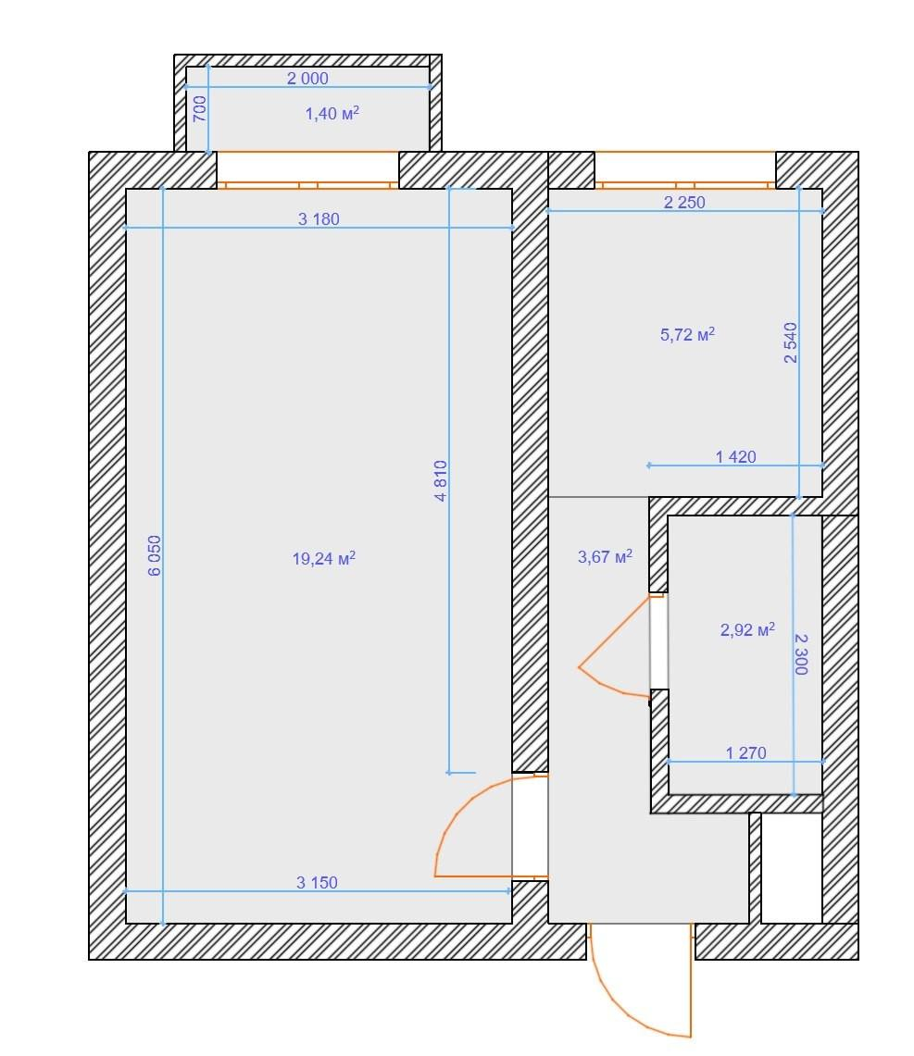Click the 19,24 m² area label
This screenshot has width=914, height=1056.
click(323, 558)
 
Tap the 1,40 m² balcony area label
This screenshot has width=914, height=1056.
click(332, 113)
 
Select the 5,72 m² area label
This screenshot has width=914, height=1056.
click(687, 334)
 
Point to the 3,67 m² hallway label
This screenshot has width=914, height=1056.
click(606, 556)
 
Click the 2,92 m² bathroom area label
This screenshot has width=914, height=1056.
click(747, 629)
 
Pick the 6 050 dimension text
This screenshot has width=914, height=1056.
click(155, 555)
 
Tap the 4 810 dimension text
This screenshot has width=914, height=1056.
click(441, 481)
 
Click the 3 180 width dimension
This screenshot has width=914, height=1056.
click(319, 218)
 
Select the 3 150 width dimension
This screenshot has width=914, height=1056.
click(317, 882)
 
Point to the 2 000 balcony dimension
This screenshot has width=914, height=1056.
click(307, 78)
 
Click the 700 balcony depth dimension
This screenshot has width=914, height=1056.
click(199, 108)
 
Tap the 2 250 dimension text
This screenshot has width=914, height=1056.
click(684, 202)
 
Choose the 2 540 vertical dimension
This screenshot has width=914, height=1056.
click(791, 342)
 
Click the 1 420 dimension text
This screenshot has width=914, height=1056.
click(735, 456)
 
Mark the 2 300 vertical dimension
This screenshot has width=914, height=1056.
click(801, 654)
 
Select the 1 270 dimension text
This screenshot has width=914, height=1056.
click(745, 753)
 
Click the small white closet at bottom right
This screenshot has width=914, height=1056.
click(792, 868)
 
